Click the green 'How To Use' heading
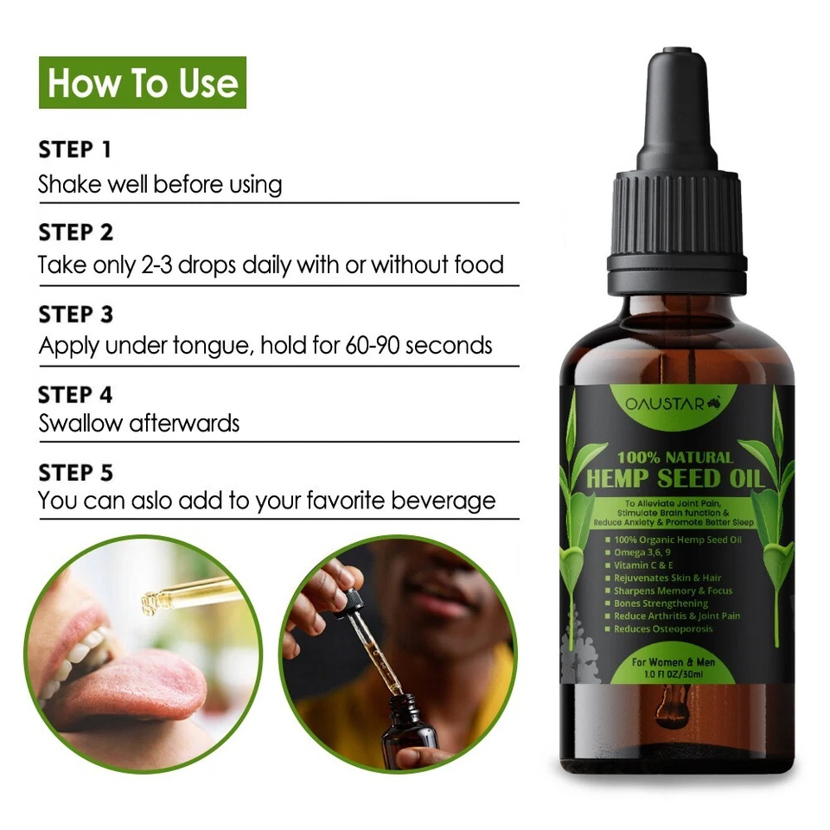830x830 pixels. point(143,83)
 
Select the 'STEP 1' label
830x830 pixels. point(75,150)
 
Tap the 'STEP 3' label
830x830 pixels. point(76,314)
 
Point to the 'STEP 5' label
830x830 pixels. point(76,473)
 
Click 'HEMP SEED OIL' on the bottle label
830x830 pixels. point(674,477)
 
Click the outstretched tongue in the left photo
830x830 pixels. point(130,683)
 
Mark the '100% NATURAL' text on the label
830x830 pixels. point(674,457)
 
